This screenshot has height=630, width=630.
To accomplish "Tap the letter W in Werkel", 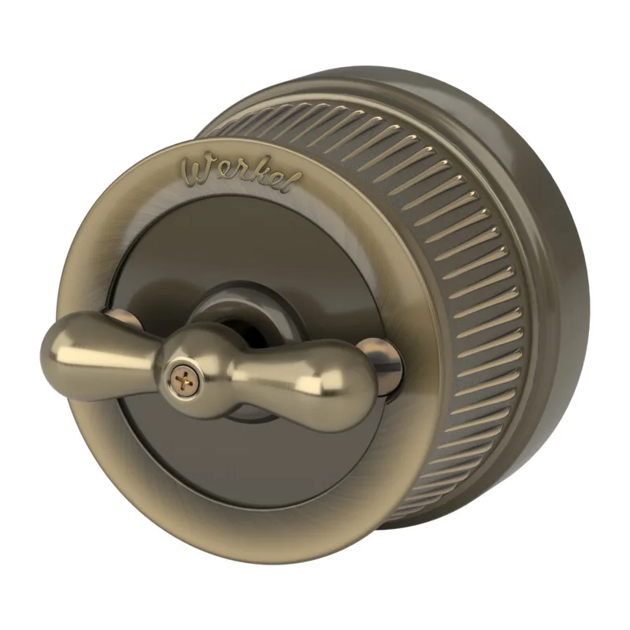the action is point(196,171).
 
